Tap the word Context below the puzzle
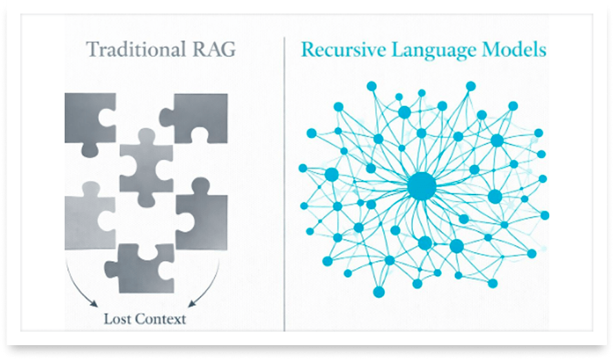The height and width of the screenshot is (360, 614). point(162,319)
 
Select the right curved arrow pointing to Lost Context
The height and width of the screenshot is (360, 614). point(206,281)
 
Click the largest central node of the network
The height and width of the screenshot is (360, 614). point(421,187)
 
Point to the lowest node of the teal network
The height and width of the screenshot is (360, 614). point(379,292)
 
